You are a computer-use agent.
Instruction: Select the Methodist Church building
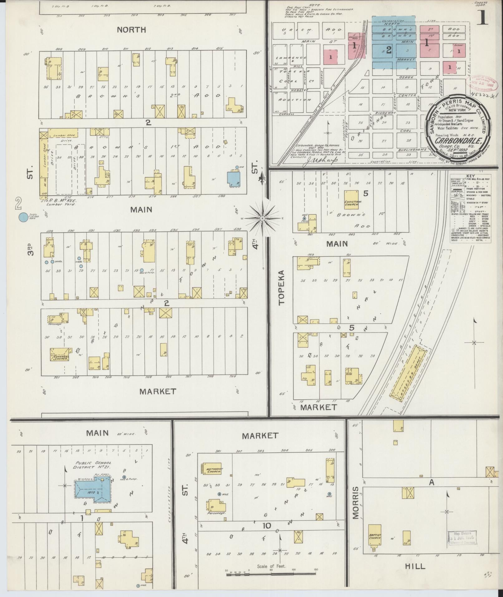[x=212, y=469]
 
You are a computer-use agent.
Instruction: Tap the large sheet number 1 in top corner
[x=482, y=17]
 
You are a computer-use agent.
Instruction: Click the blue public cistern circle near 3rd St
[x=23, y=217]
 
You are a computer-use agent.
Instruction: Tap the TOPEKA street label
[x=281, y=288]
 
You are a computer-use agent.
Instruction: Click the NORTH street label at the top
[x=131, y=30]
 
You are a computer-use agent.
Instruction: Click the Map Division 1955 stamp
[x=462, y=538]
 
